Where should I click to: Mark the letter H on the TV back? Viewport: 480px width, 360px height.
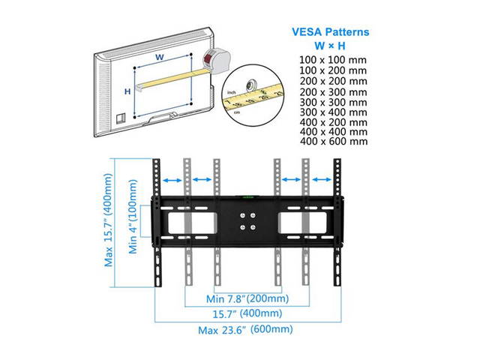pyautogui.click(x=127, y=91)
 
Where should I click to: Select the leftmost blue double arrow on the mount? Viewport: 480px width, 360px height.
pyautogui.click(x=172, y=180)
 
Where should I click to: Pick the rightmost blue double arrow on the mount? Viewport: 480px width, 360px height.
pyautogui.click(x=322, y=180)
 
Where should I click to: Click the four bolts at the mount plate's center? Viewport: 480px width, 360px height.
pyautogui.click(x=247, y=222)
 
